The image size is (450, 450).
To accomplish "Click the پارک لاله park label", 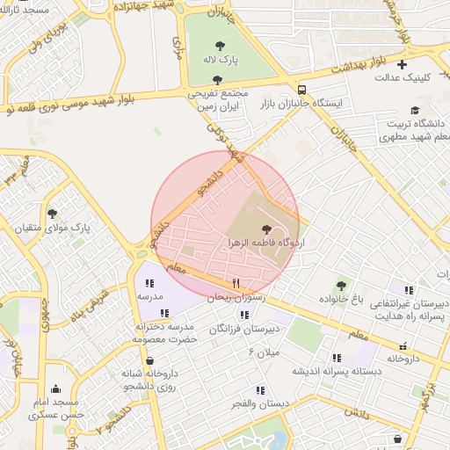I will coord(217,59).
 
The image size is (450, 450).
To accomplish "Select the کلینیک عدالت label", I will coord(407,77).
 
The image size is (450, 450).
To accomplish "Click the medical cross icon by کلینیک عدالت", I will coord(403,63).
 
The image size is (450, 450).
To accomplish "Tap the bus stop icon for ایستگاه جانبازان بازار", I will coord(302,90).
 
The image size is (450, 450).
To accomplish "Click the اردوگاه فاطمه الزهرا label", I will coord(265,241).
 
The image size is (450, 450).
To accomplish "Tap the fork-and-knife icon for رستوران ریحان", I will coord(236,283).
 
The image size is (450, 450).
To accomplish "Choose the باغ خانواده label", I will coord(339,300).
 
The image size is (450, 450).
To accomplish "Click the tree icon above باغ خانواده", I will coord(340,285).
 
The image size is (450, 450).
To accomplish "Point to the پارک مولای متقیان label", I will coord(52,227).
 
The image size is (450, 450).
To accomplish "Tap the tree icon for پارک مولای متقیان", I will coord(52,213).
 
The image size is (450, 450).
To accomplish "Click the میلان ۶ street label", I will coord(264,352).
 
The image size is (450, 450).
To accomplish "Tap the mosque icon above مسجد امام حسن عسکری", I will coord(56,389).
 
